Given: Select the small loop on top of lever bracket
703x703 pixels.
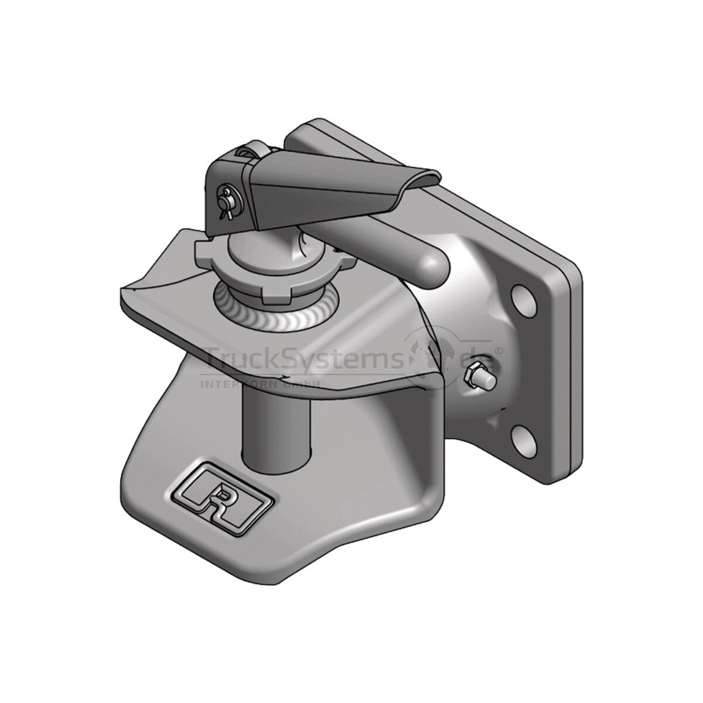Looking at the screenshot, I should (250, 154).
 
